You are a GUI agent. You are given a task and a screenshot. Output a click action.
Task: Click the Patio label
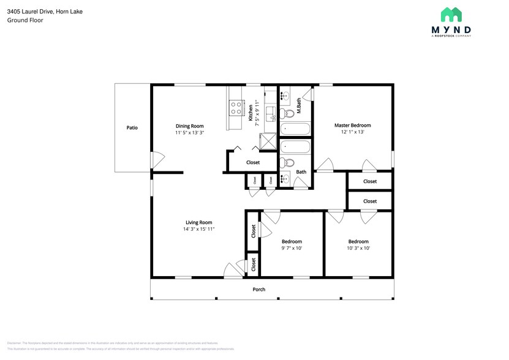pyautogui.click(x=132, y=128)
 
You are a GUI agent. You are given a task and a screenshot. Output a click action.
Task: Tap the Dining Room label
pyautogui.click(x=189, y=126)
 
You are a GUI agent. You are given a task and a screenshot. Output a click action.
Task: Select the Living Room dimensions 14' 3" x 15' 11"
pyautogui.click(x=198, y=229)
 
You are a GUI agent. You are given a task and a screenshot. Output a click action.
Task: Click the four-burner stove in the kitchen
pyautogui.click(x=236, y=109)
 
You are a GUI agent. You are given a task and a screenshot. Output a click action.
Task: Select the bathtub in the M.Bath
pyautogui.click(x=296, y=129)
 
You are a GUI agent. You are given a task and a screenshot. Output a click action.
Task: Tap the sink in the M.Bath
pyautogui.click(x=285, y=95)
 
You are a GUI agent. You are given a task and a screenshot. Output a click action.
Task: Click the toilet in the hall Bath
pyautogui.click(x=287, y=162)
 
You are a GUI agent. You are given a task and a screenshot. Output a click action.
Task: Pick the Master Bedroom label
pyautogui.click(x=352, y=126)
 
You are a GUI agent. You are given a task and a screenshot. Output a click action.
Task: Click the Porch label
pyautogui.click(x=259, y=289)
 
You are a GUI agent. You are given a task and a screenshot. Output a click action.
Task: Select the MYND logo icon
pyautogui.click(x=451, y=15)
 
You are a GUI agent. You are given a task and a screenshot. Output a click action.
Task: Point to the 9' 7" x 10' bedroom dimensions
pyautogui.click(x=292, y=248)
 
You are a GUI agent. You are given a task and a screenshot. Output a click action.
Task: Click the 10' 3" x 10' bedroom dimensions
pyautogui.click(x=358, y=248)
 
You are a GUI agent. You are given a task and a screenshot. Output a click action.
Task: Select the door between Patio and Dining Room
pyautogui.click(x=156, y=160)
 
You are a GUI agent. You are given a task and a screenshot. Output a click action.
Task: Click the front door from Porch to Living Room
pyautogui.click(x=233, y=270)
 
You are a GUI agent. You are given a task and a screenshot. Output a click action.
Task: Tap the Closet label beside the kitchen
pyautogui.click(x=252, y=162)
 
